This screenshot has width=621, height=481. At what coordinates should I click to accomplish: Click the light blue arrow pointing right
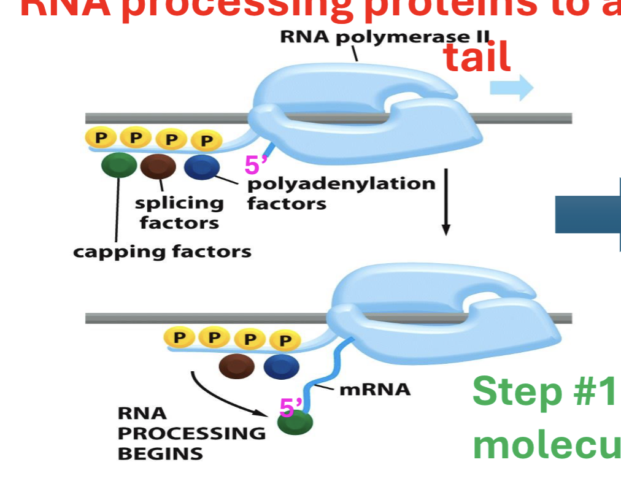[511, 88]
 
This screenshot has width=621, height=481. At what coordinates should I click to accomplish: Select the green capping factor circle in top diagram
[119, 166]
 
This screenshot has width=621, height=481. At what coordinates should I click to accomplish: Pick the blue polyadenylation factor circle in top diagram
[201, 167]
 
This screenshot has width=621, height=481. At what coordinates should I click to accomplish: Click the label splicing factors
[179, 212]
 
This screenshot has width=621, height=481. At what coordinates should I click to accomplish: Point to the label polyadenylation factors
[341, 193]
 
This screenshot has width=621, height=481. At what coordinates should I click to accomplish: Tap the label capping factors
[162, 252]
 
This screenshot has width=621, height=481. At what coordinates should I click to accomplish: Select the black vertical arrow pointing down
[446, 202]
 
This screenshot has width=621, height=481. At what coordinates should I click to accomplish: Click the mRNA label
[374, 389]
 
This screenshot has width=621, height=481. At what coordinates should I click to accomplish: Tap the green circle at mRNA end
[295, 422]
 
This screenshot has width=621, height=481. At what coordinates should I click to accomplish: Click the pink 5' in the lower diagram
[291, 407]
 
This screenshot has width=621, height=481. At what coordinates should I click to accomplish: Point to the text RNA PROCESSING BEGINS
[191, 433]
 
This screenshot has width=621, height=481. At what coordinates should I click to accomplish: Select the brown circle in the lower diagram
[236, 366]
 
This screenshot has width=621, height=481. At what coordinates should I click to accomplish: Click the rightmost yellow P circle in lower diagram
[283, 339]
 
